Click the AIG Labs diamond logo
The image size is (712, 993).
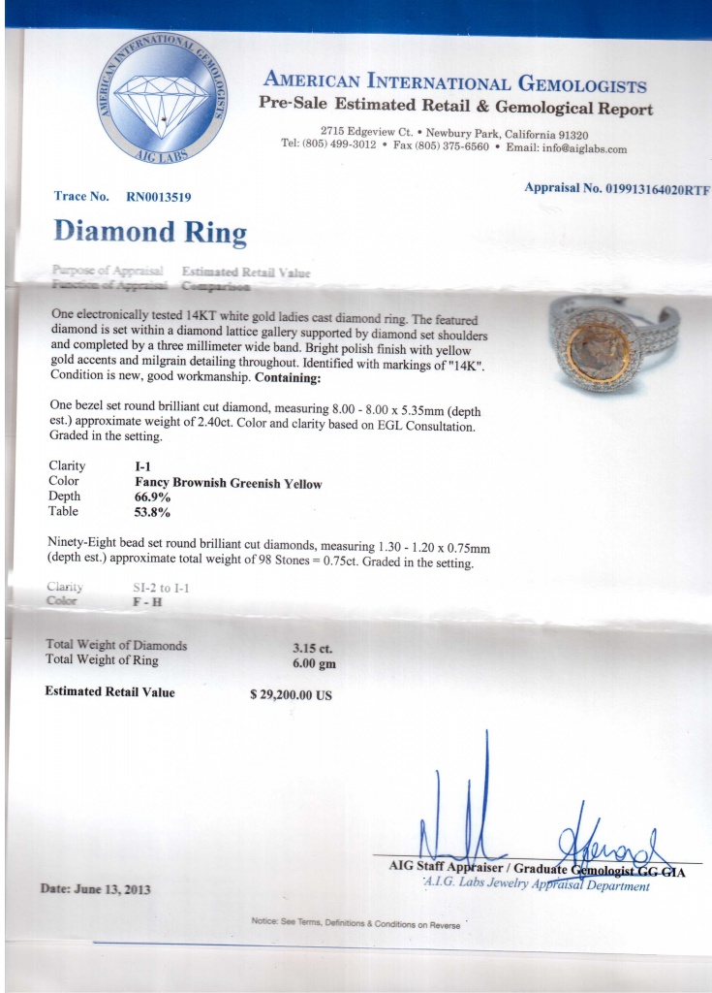coord(162,96)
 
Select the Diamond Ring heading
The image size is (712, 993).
coord(150,232)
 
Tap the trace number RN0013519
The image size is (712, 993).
coord(159,197)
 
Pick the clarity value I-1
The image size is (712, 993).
coord(143,466)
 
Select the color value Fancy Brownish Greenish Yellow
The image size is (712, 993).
coord(228,483)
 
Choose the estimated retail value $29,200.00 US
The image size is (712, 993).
coord(291,694)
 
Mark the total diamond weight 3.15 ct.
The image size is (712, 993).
coord(314,647)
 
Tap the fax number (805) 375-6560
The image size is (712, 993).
coord(453,148)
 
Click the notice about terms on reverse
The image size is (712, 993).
coord(356,923)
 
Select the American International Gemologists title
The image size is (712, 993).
coord(455,83)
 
